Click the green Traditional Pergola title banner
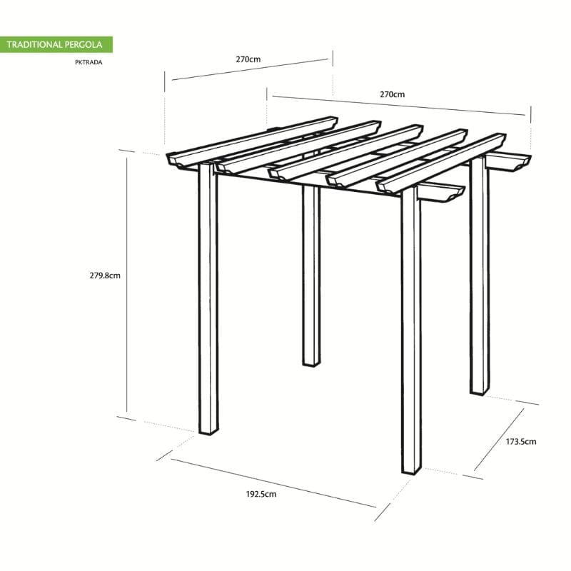tap(56, 44)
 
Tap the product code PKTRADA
tap(88, 62)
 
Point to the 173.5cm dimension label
tap(520, 442)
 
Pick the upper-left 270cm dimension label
tap(248, 60)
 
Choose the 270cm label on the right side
tap(392, 94)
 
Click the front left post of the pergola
tap(208, 300)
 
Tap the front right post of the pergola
tap(411, 328)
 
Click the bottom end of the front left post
tap(209, 431)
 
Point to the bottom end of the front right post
tap(411, 468)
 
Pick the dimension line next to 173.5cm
tap(505, 438)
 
